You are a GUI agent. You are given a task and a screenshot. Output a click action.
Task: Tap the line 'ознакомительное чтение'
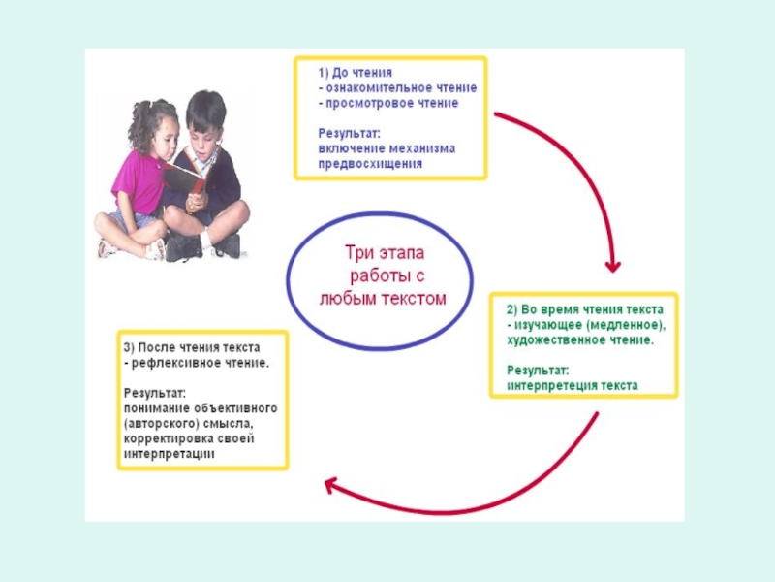[x=401, y=87]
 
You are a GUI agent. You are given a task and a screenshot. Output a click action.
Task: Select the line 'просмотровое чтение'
[x=392, y=103]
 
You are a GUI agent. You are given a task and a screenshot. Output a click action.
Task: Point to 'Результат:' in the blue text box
[x=350, y=133]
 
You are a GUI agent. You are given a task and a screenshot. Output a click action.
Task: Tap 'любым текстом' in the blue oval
[x=383, y=299]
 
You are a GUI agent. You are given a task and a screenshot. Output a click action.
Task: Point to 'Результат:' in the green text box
[x=538, y=370]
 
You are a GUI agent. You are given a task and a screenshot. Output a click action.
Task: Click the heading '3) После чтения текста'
[x=192, y=346]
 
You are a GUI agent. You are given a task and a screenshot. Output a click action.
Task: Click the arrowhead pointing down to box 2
[x=611, y=264]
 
